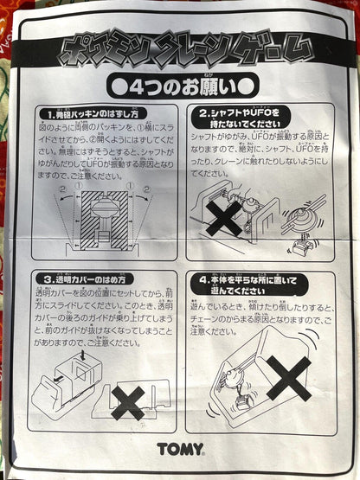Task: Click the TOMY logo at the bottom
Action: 181,450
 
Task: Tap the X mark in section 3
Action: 127,402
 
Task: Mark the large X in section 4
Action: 289,378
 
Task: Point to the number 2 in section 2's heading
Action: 202,113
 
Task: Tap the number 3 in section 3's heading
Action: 47,281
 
